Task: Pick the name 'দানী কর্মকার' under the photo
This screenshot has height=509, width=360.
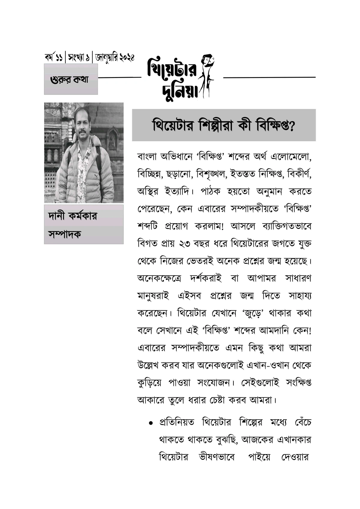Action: [73, 216]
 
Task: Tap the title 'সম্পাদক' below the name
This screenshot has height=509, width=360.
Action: [64, 234]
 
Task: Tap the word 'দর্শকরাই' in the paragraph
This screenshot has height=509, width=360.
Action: [206, 278]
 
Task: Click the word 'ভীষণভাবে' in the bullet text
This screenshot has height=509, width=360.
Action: [217, 457]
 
